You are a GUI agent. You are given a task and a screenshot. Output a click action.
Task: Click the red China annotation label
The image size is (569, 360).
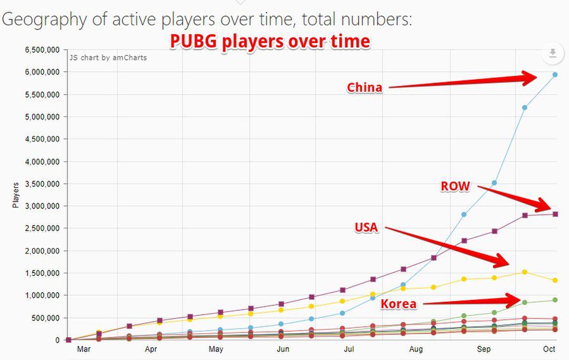pyautogui.click(x=365, y=88)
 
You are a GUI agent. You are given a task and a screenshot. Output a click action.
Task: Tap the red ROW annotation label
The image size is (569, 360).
pyautogui.click(x=455, y=186)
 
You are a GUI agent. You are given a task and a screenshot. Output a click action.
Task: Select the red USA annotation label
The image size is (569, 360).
pyautogui.click(x=366, y=227)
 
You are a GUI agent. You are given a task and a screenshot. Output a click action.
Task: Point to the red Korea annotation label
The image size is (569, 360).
pyautogui.click(x=399, y=304)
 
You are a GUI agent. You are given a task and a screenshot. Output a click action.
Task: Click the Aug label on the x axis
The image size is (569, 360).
pyautogui.click(x=416, y=349)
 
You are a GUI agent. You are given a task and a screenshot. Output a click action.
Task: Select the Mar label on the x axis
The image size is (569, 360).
pyautogui.click(x=83, y=349)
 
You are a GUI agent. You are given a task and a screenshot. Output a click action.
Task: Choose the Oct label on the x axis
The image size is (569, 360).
pyautogui.click(x=549, y=349)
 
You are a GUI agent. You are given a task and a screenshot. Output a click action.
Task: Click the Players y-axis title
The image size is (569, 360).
pyautogui.click(x=16, y=195)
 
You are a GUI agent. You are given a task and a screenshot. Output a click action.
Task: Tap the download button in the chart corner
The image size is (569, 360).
pyautogui.click(x=553, y=54)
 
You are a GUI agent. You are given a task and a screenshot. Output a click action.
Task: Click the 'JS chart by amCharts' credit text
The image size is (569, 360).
pyautogui.click(x=108, y=58)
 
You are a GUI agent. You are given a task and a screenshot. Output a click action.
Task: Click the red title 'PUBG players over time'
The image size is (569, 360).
pyautogui.click(x=270, y=42)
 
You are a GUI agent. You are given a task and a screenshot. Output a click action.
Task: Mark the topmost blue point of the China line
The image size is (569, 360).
pyautogui.click(x=555, y=75)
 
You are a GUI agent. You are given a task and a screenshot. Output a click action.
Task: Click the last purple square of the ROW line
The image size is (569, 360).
pyautogui.click(x=555, y=214)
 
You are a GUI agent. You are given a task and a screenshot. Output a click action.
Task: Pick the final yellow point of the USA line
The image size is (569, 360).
pyautogui.click(x=555, y=280)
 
